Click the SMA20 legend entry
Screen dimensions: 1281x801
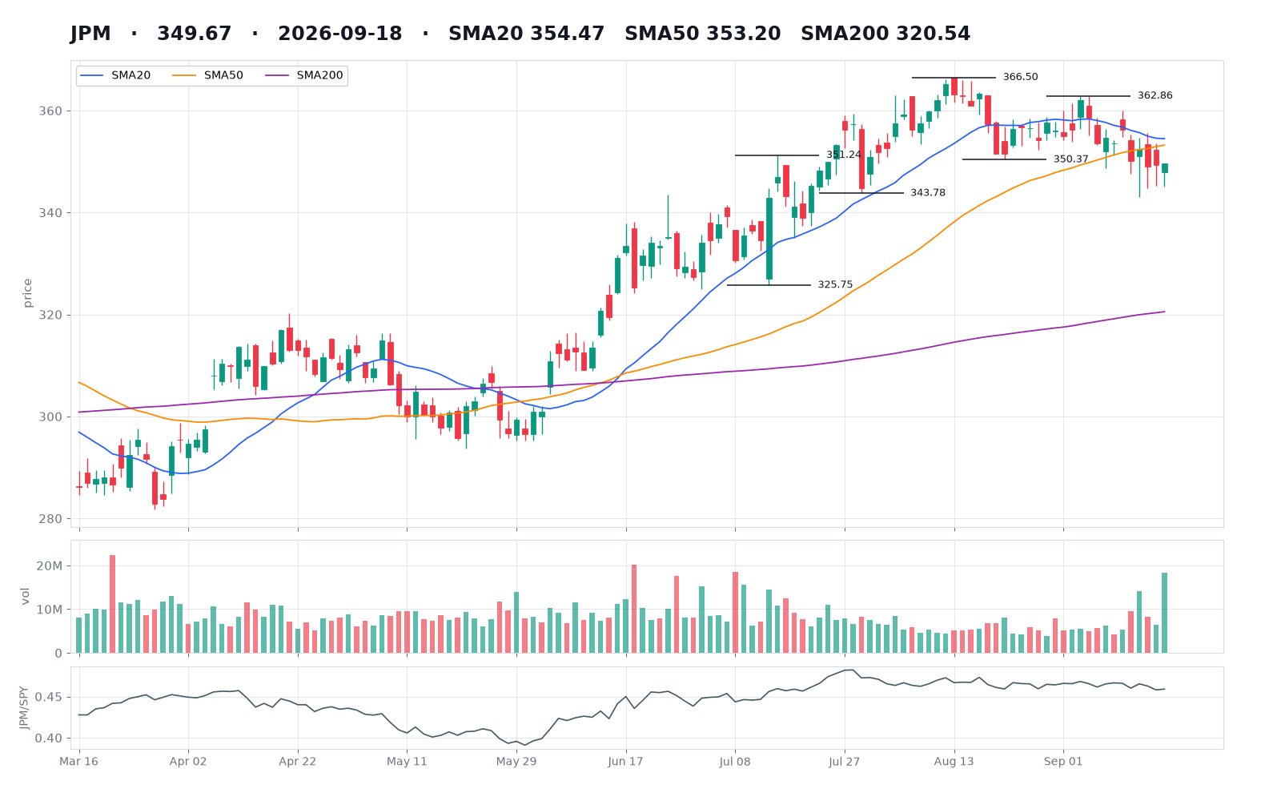click(115, 75)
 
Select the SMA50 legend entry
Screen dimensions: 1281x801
click(208, 75)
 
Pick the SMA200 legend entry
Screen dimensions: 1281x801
click(304, 75)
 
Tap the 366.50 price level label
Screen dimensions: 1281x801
click(1020, 77)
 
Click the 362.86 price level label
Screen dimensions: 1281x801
click(1155, 95)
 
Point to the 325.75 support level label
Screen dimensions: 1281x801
click(835, 285)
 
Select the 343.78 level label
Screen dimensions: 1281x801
click(928, 193)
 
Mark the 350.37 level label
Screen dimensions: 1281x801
click(1070, 159)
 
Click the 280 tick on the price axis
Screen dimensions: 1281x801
click(50, 519)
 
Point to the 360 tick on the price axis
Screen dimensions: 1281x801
click(50, 111)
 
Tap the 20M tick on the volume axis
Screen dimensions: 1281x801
click(49, 566)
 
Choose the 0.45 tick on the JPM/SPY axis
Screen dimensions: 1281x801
click(49, 698)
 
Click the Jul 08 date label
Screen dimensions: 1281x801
click(735, 762)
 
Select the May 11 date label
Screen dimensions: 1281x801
click(407, 762)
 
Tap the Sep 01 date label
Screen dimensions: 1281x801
click(1063, 762)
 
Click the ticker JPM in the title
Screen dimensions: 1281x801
click(90, 34)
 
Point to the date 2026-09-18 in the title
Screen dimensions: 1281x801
click(340, 34)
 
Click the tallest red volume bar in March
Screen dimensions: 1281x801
click(113, 604)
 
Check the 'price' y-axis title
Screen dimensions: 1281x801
click(27, 293)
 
